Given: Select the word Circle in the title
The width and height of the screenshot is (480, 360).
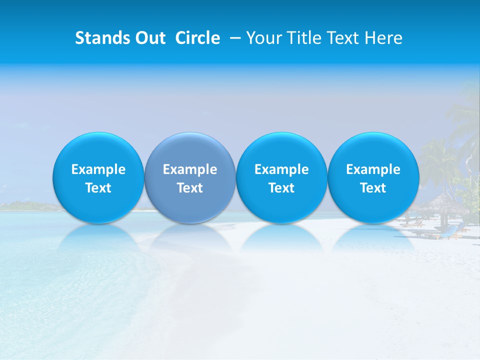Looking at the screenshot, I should coord(197,38).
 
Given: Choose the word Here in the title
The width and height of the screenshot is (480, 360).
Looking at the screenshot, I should coord(384,38).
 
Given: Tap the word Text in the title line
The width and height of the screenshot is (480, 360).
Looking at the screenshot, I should coord(343,38).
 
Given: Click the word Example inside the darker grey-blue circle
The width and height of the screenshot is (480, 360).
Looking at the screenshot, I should coord(190,169).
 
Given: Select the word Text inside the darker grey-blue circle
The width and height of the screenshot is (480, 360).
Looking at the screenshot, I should coord(190,188).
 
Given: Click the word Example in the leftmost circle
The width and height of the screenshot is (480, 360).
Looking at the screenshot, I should coord(98,169).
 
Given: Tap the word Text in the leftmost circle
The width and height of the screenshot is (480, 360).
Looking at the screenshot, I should coord(98,188).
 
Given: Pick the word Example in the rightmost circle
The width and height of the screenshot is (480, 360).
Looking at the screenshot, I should coord(373,169).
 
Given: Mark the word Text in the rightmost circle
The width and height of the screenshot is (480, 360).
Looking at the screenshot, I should coord(373,188).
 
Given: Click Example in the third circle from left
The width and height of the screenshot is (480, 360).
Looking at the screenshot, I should coord(281,169).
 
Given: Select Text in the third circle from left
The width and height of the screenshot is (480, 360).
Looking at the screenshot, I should coord(281,188).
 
